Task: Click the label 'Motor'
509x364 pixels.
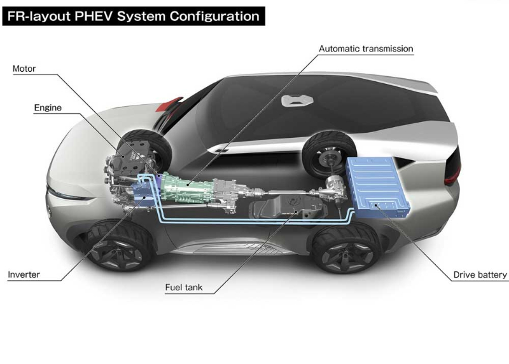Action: [x=24, y=69]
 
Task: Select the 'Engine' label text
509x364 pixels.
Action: [x=48, y=107]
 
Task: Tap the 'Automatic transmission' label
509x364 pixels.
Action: [x=366, y=48]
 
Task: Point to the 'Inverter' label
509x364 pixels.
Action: [x=24, y=275]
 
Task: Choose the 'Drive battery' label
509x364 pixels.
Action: [x=480, y=275]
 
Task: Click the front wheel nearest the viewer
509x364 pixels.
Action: [x=118, y=245]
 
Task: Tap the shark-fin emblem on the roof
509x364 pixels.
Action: [x=294, y=100]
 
